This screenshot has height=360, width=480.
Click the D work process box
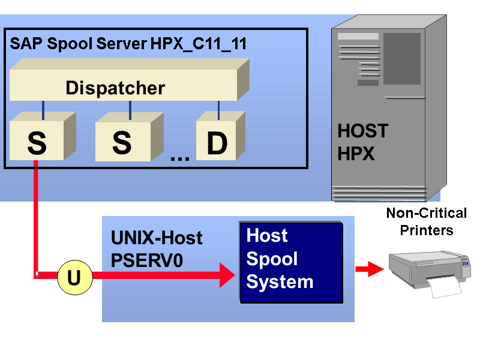pos(217,143)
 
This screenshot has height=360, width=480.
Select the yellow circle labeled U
pos(74,277)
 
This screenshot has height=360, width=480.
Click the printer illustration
pos(428,268)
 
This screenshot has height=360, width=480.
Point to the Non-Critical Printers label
pos(426,221)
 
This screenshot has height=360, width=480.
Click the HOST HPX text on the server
pos(362,142)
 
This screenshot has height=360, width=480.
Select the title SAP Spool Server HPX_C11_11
pos(128,44)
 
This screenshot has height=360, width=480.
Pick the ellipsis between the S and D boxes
pos(179,158)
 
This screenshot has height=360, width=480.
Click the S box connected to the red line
pos(37,143)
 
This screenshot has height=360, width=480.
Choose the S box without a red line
pos(122,143)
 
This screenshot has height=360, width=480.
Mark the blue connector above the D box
pos(218,110)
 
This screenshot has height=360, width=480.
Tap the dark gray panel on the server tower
pos(401,58)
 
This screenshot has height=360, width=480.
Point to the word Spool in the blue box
pos(272,259)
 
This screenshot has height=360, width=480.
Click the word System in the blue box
pos(280,281)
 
